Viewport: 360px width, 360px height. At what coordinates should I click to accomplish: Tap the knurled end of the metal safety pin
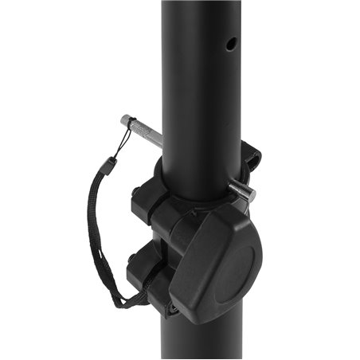(130, 123)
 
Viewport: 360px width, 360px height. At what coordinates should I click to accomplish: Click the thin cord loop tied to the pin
(119, 147)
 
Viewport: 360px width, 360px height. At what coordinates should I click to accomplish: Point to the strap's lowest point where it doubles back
(119, 303)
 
